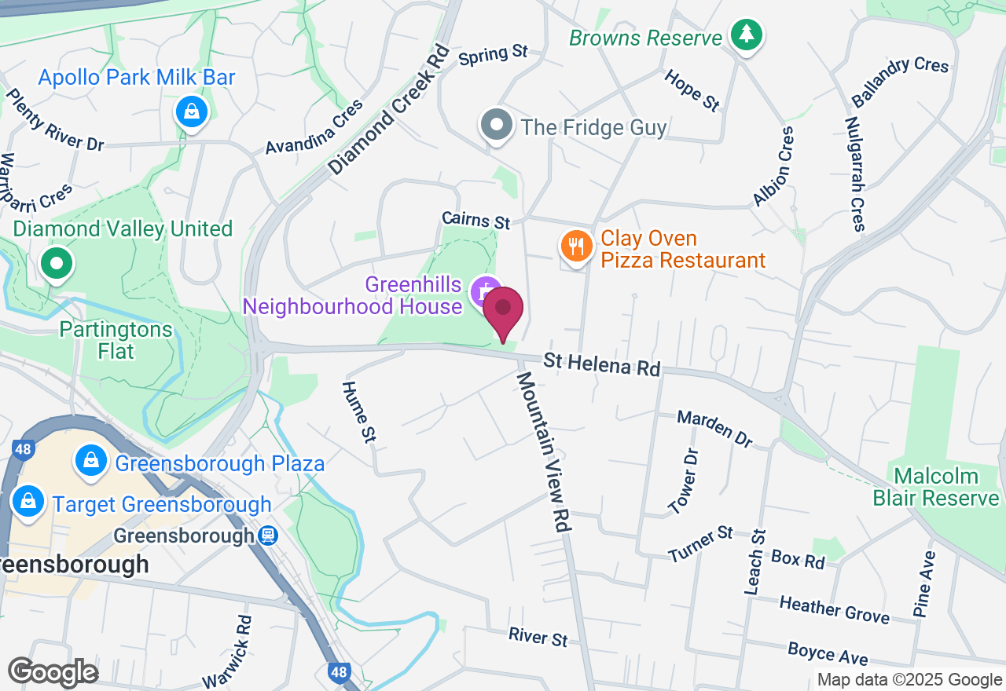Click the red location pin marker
(x=503, y=313)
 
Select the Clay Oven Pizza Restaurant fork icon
(x=577, y=247)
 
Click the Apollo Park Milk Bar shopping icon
(x=191, y=112)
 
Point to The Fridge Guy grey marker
(x=497, y=126)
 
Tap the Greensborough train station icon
(x=268, y=536)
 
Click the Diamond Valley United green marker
(x=57, y=265)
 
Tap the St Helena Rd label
(x=602, y=365)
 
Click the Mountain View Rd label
(x=542, y=452)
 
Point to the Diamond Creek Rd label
(x=389, y=109)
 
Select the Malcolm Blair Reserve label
(x=936, y=487)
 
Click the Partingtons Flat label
(x=116, y=339)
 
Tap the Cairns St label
(x=476, y=221)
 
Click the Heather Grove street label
(x=834, y=609)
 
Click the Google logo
(x=53, y=673)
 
